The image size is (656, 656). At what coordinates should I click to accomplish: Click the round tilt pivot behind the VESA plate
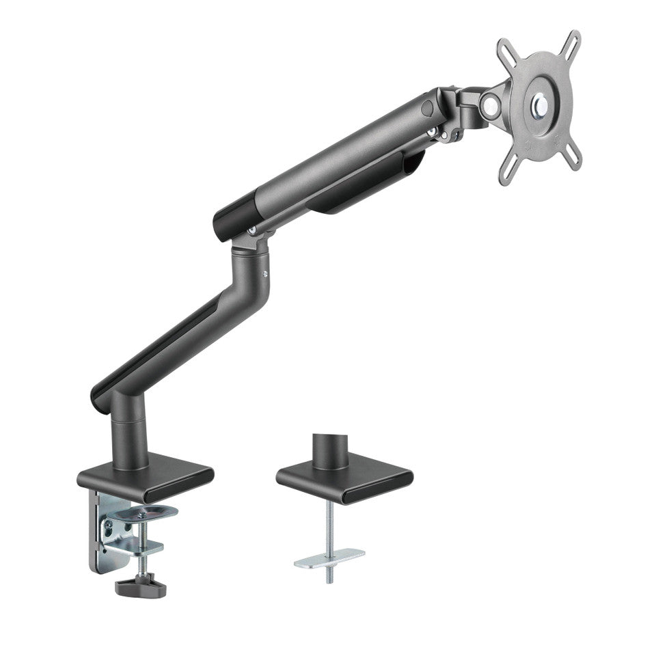click(489, 105)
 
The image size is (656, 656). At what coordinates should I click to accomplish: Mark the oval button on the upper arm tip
click(428, 108)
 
